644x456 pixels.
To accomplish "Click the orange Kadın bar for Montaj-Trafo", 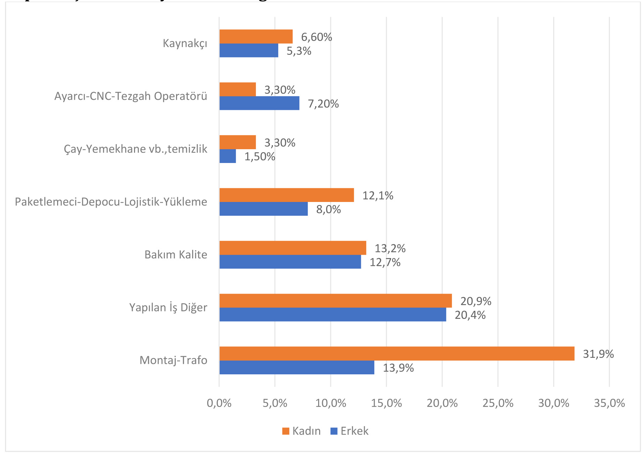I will click(396, 354).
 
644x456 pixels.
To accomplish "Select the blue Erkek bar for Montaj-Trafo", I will click(297, 367).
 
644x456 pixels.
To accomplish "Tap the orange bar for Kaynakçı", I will click(256, 37).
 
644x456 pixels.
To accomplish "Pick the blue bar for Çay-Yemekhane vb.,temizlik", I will click(228, 156).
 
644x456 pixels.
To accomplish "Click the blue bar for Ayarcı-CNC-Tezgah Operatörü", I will click(259, 103).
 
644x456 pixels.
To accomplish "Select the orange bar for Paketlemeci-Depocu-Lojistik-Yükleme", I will click(287, 195).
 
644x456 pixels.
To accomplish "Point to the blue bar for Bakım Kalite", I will click(290, 262).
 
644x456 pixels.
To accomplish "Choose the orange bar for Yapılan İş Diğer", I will click(335, 301).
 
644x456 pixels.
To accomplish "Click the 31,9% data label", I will click(598, 354).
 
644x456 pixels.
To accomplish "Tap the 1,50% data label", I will click(260, 157).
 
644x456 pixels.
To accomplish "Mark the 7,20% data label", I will click(323, 104).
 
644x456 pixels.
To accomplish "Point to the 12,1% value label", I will click(378, 196).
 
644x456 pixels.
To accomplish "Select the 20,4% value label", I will click(470, 315).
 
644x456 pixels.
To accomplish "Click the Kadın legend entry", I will click(302, 431).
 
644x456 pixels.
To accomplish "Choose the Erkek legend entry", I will click(350, 431).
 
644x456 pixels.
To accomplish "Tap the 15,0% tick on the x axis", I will click(386, 403).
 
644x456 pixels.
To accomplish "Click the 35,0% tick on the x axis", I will click(609, 403).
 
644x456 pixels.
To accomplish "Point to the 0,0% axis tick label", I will click(219, 403).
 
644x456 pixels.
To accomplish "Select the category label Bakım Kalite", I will click(176, 255).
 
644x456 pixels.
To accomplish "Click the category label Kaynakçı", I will click(185, 44).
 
